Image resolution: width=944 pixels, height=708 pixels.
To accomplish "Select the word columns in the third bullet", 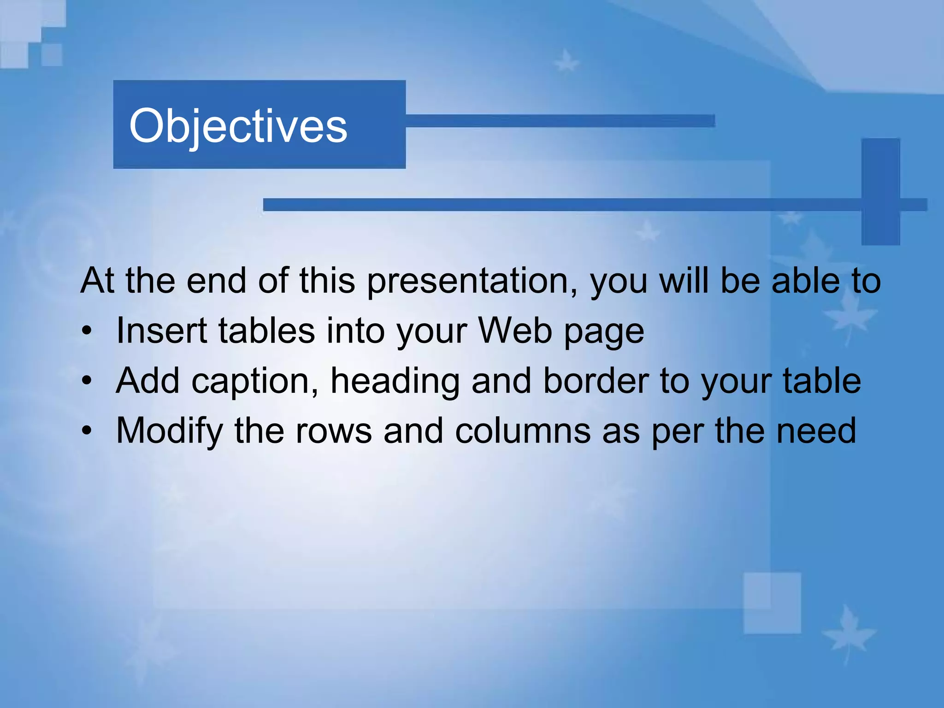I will point(523,431).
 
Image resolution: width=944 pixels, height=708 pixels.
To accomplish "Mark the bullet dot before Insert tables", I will point(87,331).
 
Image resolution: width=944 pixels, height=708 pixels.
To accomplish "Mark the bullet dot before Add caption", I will point(87,381).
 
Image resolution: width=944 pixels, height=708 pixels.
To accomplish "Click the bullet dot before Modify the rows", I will point(87,431).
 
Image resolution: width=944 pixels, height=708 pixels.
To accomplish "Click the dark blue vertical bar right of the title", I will point(880,191).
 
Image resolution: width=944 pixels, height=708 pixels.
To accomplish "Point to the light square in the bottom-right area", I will point(772,602).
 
